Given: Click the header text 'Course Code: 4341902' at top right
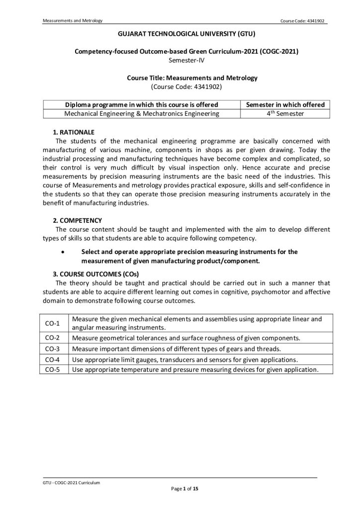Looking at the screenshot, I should [x=302, y=21].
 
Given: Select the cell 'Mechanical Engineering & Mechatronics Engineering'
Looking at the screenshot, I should [x=142, y=113].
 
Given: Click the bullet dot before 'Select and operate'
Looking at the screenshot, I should [x=62, y=252].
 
